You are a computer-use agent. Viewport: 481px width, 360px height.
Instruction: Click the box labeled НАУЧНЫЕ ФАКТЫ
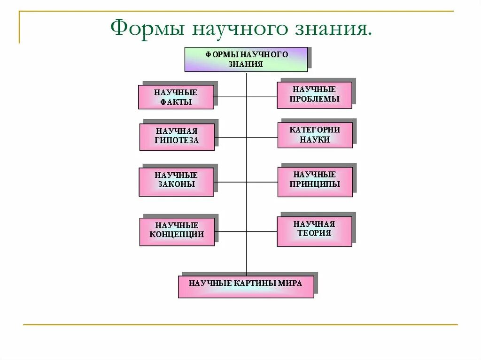176,97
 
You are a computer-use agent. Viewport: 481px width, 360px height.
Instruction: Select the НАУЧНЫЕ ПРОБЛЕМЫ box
314,95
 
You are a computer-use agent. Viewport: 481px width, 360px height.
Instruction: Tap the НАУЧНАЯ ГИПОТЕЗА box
177,137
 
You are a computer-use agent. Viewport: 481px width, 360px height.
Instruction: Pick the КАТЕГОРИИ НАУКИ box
315,135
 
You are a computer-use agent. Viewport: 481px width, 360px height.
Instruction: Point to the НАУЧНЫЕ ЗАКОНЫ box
176,182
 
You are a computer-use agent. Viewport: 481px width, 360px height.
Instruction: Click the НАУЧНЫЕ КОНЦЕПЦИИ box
177,231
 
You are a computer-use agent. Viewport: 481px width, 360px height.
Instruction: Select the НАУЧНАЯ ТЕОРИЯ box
314,231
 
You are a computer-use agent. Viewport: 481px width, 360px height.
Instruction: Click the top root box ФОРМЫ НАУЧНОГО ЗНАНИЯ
246,59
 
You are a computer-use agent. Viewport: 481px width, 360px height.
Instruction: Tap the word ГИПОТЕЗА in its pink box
177,140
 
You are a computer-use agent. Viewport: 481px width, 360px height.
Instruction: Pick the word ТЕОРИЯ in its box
314,233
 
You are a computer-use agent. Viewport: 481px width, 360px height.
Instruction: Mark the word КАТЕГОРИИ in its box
315,130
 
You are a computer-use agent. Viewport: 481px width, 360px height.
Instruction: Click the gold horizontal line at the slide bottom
240,324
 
